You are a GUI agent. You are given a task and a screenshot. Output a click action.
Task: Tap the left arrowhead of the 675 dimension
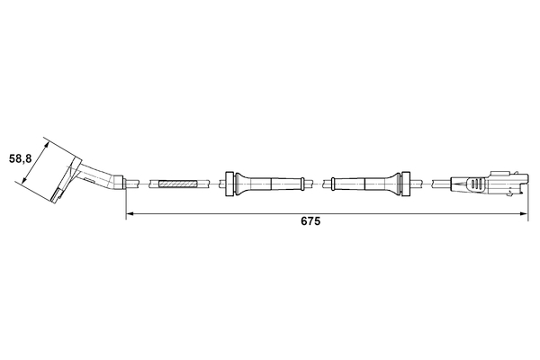point(129,213)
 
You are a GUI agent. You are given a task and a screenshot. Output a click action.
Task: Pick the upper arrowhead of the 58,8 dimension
point(46,141)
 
